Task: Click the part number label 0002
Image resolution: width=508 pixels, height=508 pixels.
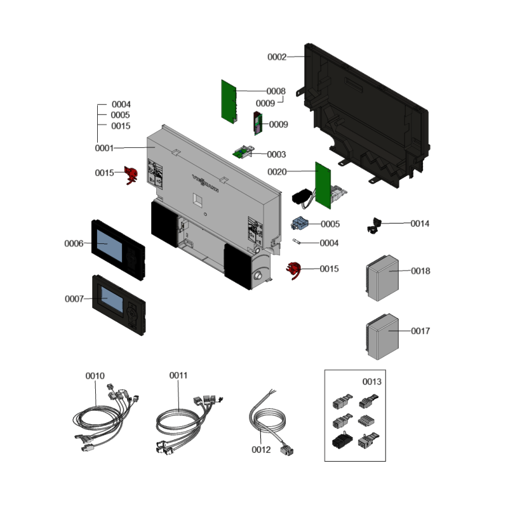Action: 277,57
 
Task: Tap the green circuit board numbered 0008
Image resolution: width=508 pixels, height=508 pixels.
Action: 227,100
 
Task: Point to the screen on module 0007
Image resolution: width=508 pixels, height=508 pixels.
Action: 110,298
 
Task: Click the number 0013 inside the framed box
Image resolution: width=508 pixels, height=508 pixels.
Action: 372,382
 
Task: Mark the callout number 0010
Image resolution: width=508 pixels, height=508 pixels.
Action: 95,376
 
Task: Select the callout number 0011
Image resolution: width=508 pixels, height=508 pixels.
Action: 178,376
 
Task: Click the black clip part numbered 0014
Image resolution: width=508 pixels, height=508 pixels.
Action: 373,225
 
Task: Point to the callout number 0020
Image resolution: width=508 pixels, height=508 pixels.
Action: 277,171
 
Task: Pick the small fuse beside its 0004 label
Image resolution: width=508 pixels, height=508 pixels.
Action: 297,242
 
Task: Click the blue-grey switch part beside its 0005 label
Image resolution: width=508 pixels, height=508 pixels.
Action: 298,224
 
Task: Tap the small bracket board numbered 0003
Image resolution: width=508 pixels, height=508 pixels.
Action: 243,152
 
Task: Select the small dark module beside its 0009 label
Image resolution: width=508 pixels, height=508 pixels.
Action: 258,123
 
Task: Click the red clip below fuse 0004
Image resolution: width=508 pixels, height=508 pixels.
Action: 293,271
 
